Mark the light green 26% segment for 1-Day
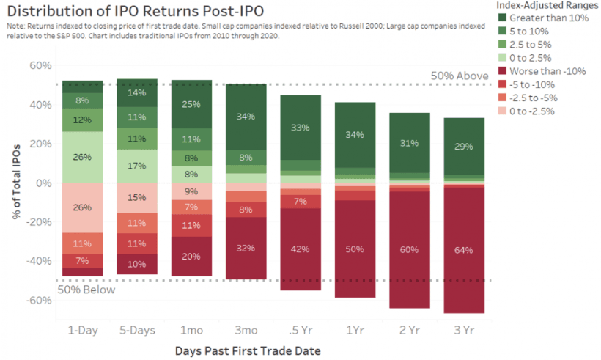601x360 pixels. coord(82,157)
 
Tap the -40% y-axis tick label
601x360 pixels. coord(38,261)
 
